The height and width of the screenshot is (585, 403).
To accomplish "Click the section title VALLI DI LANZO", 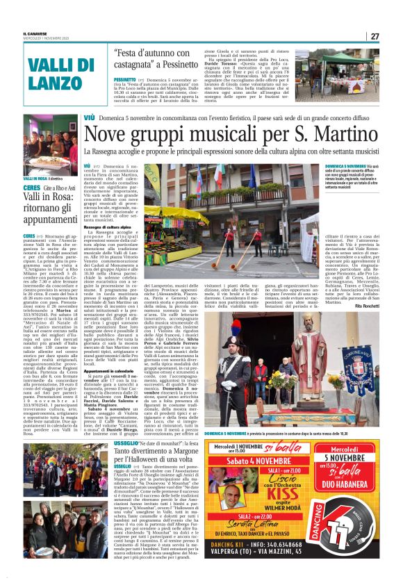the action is tap(49, 72).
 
